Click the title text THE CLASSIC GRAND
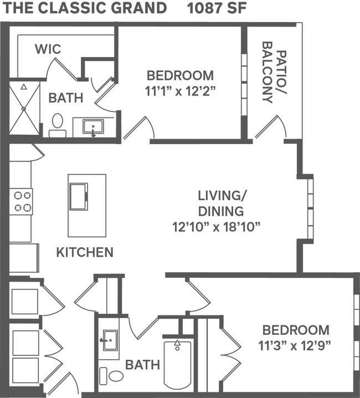tap(84, 8)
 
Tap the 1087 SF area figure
tap(217, 8)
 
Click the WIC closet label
tap(48, 49)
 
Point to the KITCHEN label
tap(85, 252)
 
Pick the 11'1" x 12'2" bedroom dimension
tap(180, 91)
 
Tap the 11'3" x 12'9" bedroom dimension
tap(296, 345)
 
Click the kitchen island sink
tap(78, 196)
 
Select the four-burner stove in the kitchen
tap(21, 202)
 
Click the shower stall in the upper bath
tap(24, 108)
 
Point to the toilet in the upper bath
tap(58, 125)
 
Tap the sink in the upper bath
tap(92, 127)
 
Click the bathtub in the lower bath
tap(177, 364)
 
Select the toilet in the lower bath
tap(111, 375)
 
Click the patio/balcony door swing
tap(271, 127)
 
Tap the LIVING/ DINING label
tap(221, 203)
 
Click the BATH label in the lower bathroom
tap(142, 365)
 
